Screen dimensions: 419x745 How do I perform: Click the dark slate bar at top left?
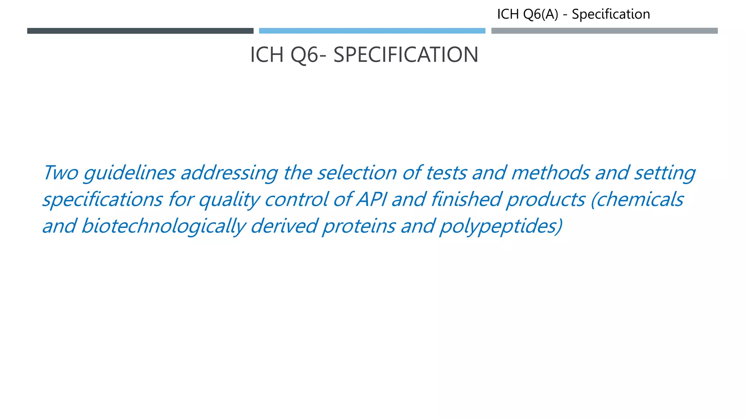[140, 31]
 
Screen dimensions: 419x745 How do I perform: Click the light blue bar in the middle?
[372, 31]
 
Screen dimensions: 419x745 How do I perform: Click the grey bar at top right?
[604, 31]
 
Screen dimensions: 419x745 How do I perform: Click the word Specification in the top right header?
[611, 15]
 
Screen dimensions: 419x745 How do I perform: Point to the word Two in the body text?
[60, 173]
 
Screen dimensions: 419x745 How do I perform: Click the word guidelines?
[130, 173]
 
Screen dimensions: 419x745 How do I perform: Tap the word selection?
[357, 173]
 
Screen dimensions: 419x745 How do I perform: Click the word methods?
[550, 173]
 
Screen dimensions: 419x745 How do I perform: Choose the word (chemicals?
[637, 200]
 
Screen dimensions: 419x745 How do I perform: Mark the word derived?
[284, 226]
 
